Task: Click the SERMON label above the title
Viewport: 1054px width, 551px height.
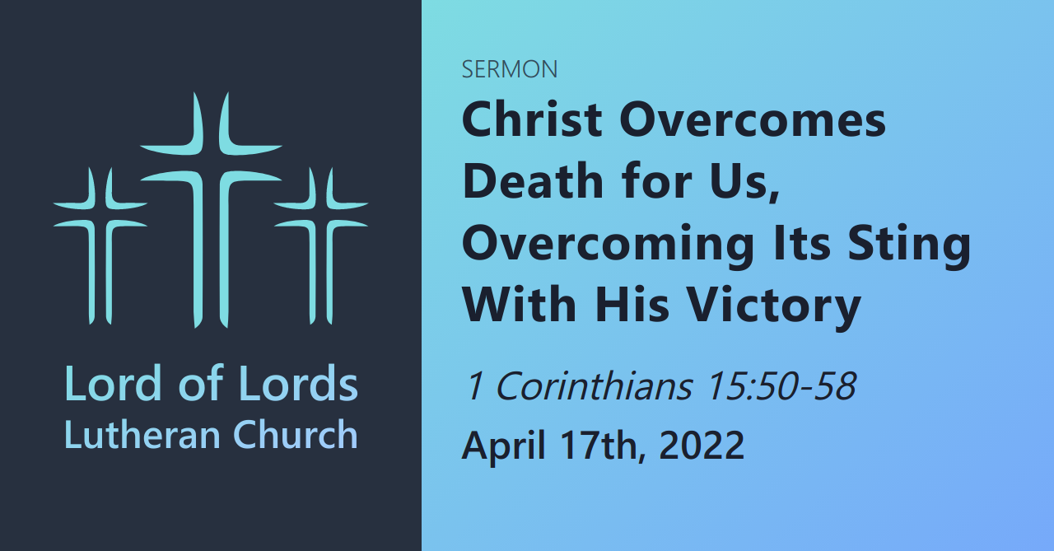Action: click(x=509, y=70)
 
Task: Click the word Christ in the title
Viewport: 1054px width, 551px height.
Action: click(x=532, y=120)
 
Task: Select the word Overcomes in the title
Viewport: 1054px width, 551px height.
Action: click(x=753, y=120)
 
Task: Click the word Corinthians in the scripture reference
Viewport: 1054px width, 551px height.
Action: click(x=593, y=385)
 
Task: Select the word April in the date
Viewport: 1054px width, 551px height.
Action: click(x=503, y=446)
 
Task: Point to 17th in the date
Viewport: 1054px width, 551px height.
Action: click(x=602, y=446)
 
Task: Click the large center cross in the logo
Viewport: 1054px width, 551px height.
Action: click(x=211, y=206)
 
